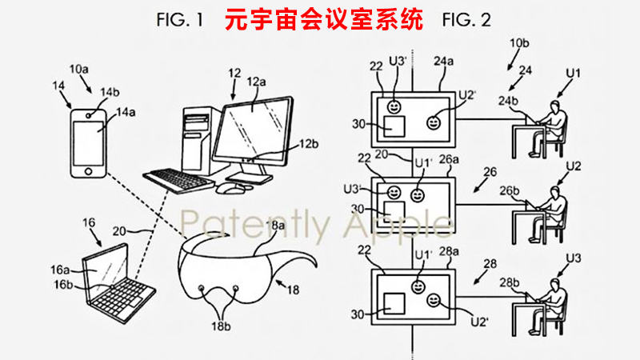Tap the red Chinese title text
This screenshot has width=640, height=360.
324,20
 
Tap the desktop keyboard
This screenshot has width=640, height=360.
178,178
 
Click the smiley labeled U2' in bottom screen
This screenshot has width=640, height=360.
433,300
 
